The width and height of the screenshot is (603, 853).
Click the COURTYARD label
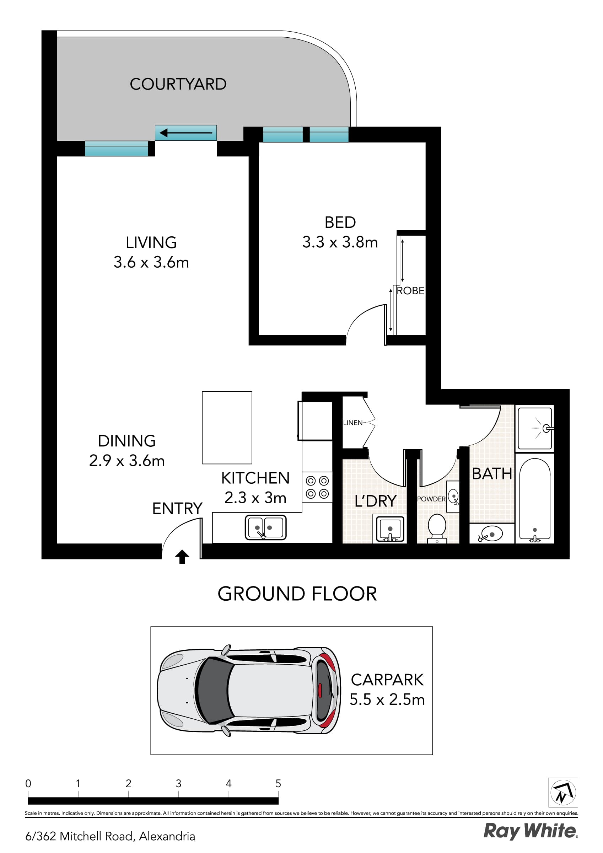pyautogui.click(x=178, y=84)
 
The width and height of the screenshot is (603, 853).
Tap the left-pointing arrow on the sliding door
pyautogui.click(x=185, y=133)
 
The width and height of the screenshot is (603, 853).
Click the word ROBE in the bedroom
pyautogui.click(x=410, y=291)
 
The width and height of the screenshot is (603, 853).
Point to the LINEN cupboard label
pyautogui.click(x=352, y=423)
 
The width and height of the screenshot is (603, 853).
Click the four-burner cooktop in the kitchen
pyautogui.click(x=317, y=487)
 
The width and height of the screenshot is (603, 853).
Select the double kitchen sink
pyautogui.click(x=265, y=527)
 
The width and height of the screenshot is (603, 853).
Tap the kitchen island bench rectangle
pyautogui.click(x=227, y=428)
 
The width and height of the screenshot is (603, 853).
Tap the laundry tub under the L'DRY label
pyautogui.click(x=390, y=528)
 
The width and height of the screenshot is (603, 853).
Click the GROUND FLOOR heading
pyautogui.click(x=297, y=594)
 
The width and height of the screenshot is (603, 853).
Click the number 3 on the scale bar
pyautogui.click(x=178, y=784)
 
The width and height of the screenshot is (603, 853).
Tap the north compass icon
pyautogui.click(x=563, y=793)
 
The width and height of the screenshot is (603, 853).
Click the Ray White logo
pyautogui.click(x=530, y=831)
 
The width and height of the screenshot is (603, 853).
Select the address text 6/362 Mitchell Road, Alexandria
pyautogui.click(x=110, y=836)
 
